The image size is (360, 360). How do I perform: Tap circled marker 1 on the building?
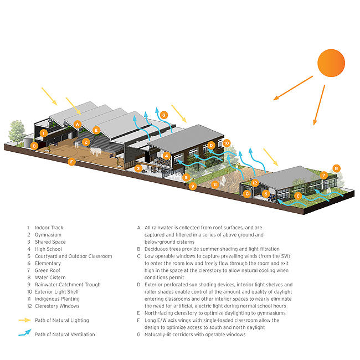[x=44, y=133]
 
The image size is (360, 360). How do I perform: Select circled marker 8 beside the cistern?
[x=34, y=146]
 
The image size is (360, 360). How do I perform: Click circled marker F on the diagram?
[x=71, y=162]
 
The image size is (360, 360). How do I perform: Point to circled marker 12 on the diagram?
[x=255, y=182]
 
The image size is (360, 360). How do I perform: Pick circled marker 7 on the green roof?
[x=324, y=175]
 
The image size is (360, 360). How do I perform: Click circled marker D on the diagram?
[x=212, y=145]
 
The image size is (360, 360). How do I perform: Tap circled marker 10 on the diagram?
[x=227, y=143]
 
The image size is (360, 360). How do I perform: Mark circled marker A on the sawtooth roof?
[x=78, y=124]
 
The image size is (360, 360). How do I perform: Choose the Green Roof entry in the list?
[x=48, y=270]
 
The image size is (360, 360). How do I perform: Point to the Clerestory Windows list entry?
[x=57, y=306]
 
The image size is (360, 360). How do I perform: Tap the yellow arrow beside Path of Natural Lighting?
[x=25, y=321]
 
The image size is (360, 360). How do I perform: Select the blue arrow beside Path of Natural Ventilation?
[x=25, y=333]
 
